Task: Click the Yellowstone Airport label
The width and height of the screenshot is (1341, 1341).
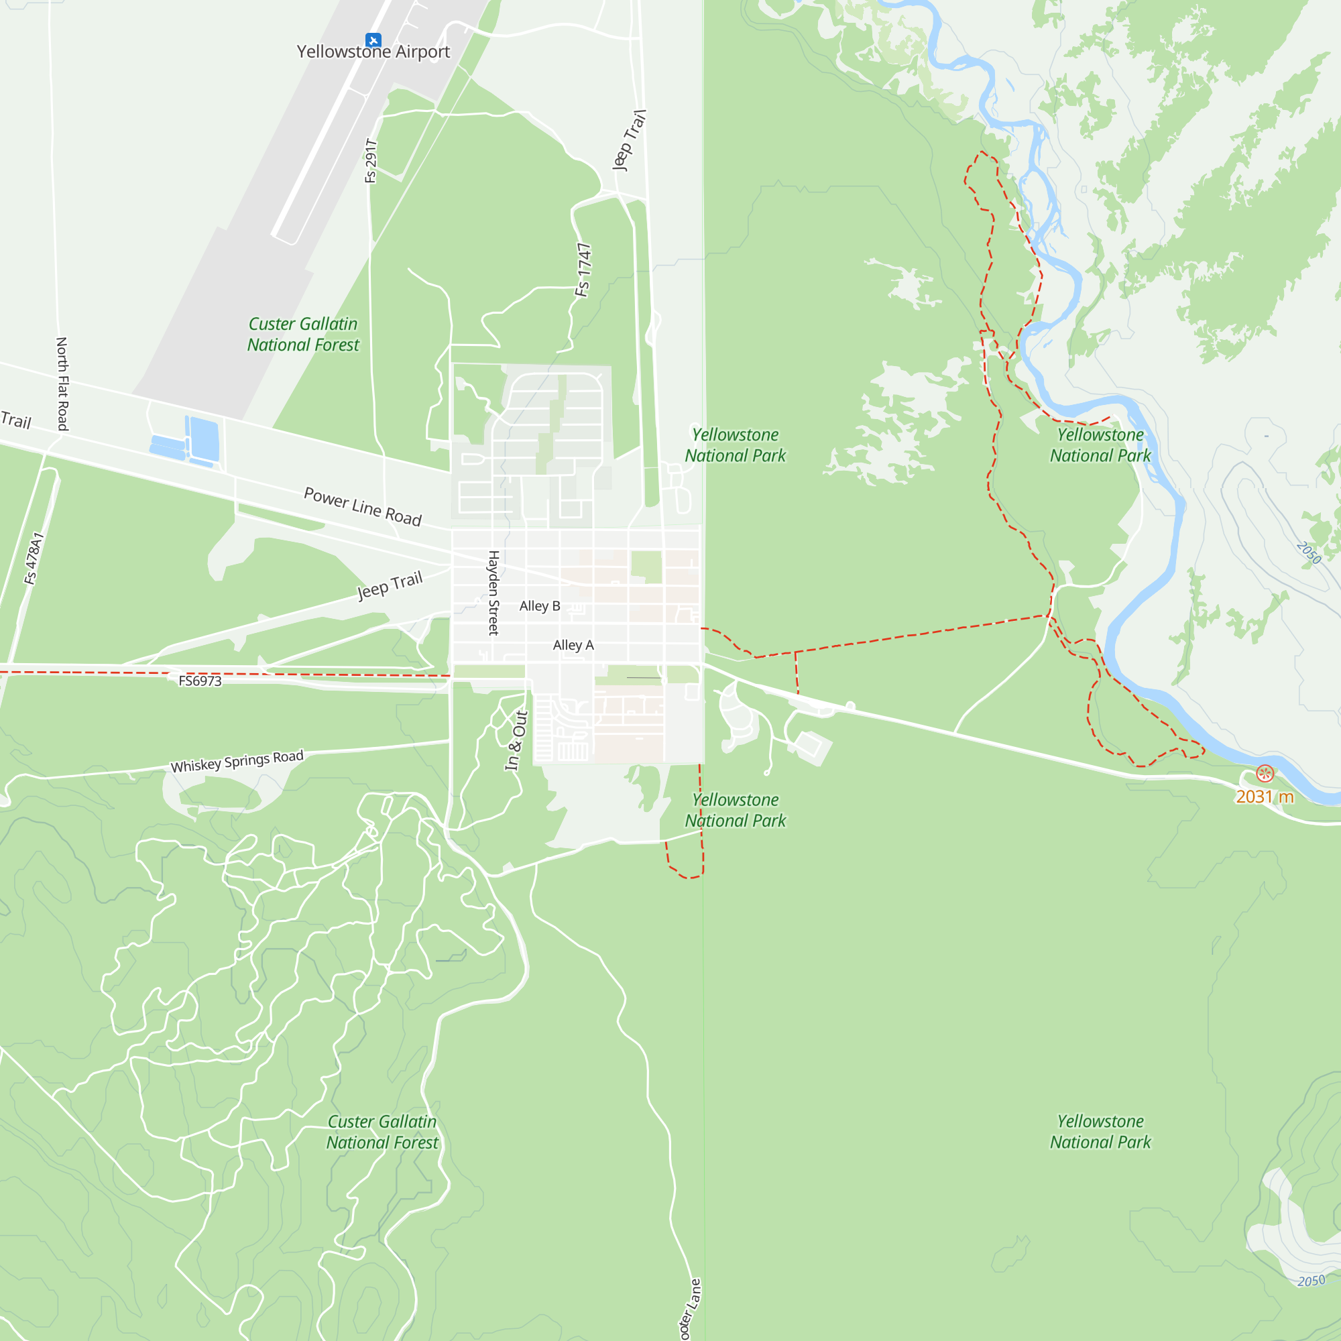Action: [x=373, y=52]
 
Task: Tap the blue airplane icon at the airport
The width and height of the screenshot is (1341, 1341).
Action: [x=373, y=40]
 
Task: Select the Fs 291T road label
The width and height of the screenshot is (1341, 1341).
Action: [x=371, y=161]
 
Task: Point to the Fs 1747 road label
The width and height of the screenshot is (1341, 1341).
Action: [x=584, y=270]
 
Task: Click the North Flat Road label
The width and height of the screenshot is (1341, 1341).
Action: [x=62, y=384]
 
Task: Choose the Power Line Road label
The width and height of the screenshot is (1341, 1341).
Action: [x=363, y=507]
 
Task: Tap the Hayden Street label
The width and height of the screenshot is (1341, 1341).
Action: [x=493, y=592]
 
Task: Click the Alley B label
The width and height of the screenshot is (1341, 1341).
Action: [x=539, y=606]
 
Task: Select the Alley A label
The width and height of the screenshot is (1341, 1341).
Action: [x=573, y=645]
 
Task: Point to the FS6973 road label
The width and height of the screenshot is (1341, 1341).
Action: [x=200, y=681]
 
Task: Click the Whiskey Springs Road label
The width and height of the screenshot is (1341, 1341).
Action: [x=237, y=761]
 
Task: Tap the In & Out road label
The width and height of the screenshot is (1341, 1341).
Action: [x=516, y=740]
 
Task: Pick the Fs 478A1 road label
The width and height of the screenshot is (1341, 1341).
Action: [x=34, y=559]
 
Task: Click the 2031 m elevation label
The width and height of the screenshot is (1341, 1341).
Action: [x=1265, y=797]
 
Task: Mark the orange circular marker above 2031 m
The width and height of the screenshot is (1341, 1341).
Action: [x=1265, y=773]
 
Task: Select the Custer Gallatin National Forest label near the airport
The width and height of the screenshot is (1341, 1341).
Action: [x=303, y=335]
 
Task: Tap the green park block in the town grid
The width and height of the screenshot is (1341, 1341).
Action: [x=646, y=567]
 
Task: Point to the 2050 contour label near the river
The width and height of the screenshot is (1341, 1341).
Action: [x=1308, y=553]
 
